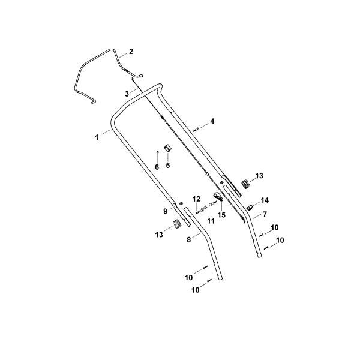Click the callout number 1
point(97,137)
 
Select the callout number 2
point(131,51)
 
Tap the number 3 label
point(127,94)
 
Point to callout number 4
point(212,121)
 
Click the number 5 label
point(168,165)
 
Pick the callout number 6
point(157,167)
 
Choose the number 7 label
point(265,214)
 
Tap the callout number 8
point(189,239)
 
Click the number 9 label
point(166,211)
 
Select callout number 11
point(211,221)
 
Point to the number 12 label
point(197,199)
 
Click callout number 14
point(265,200)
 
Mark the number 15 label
point(222,215)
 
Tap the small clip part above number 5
point(168,148)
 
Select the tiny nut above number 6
point(157,152)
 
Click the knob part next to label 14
point(250,208)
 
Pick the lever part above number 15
point(218,197)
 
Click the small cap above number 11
point(210,205)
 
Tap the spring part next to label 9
point(181,203)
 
